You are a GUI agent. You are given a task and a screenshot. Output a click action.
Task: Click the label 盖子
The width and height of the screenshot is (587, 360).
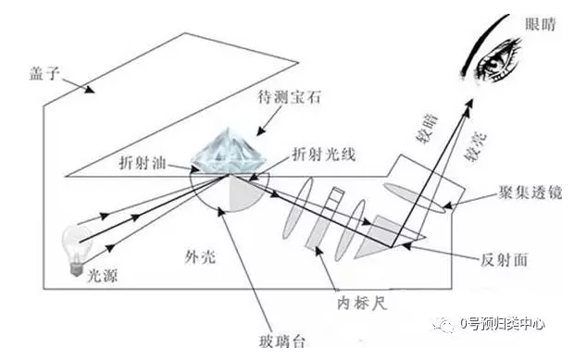(x=45, y=73)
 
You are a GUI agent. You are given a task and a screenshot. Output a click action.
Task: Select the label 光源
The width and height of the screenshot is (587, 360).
(x=102, y=276)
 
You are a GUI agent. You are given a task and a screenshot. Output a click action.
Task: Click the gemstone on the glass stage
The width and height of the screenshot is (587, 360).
(x=229, y=152)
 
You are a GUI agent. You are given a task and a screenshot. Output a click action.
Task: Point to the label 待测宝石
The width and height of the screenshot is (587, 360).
(x=290, y=97)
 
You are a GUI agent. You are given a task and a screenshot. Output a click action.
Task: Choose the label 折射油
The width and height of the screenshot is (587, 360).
(x=143, y=163)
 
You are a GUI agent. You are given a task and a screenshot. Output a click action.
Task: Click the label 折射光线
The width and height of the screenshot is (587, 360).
(x=323, y=155)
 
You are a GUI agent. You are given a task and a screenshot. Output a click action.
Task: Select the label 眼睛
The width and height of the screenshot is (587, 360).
(x=541, y=25)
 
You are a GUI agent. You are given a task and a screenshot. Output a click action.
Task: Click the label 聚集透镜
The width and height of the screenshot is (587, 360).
(x=531, y=192)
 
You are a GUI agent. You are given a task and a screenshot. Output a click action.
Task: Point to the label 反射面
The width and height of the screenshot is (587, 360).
(x=504, y=260)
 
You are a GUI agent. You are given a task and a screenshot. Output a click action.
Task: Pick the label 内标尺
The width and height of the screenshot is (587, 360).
(x=362, y=303)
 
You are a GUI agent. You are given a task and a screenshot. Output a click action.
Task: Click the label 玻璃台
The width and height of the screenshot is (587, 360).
(x=282, y=341)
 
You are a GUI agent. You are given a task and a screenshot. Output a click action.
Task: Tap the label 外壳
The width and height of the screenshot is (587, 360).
(x=200, y=256)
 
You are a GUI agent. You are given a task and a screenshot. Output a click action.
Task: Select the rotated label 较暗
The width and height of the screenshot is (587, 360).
(x=428, y=130)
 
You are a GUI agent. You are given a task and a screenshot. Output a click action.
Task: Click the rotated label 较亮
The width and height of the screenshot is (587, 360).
(x=476, y=146)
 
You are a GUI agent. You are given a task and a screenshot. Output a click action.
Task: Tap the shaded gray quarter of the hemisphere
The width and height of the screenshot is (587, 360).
(x=245, y=193)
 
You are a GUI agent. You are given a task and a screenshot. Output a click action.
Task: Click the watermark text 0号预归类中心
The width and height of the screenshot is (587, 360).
(x=503, y=324)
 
